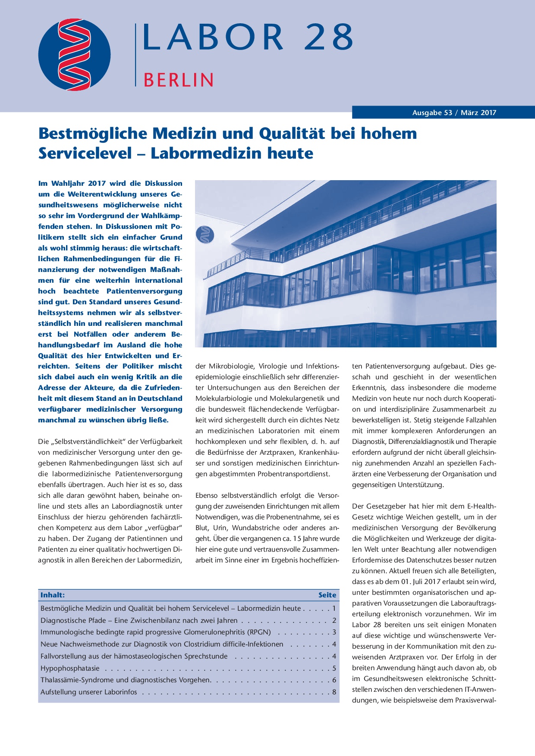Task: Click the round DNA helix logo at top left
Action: click(74, 55)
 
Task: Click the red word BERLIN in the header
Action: click(178, 80)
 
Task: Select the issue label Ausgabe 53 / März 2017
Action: click(454, 113)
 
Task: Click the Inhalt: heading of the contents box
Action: click(53, 595)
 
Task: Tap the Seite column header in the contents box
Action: click(327, 595)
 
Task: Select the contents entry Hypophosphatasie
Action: click(70, 669)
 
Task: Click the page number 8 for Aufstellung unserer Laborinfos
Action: click(334, 692)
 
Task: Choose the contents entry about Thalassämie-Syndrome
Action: click(126, 680)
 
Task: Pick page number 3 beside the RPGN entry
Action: click(334, 632)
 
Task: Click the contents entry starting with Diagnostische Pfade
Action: click(139, 621)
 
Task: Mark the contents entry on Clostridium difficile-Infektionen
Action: click(162, 644)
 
